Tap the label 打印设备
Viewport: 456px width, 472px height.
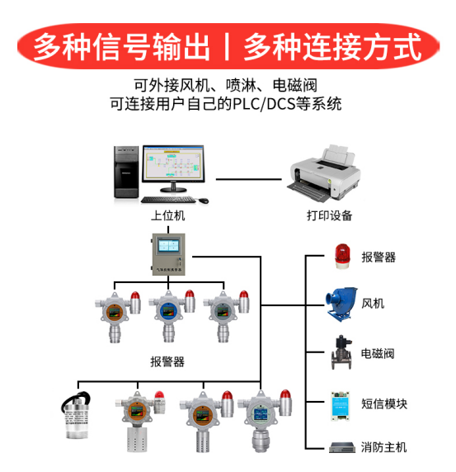coord(324,215)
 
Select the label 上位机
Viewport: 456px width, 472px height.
coord(167,215)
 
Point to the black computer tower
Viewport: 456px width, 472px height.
coord(125,172)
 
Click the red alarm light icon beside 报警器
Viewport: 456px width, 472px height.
coord(341,256)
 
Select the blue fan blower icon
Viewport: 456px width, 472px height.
coord(341,303)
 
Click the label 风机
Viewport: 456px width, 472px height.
coord(373,304)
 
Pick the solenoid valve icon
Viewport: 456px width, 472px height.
coord(341,353)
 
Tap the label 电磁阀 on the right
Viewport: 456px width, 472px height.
coord(378,354)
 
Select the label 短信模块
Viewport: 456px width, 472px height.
coord(383,404)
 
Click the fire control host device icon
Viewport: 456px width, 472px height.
coord(341,448)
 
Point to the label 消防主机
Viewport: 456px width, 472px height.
coord(383,448)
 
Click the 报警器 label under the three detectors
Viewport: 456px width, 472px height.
coord(167,361)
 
